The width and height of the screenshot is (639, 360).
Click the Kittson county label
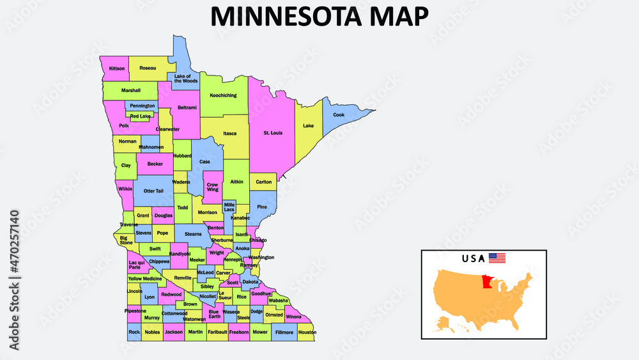[117, 68]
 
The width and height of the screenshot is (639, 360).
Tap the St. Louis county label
[273, 133]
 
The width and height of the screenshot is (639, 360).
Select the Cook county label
[339, 115]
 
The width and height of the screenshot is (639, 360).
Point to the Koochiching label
[223, 95]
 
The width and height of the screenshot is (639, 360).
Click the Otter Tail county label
[153, 191]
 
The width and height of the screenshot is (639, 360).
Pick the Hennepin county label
[233, 260]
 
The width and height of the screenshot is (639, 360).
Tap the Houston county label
[307, 333]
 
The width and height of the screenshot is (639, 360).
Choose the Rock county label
[134, 333]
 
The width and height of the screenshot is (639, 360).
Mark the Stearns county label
[193, 234]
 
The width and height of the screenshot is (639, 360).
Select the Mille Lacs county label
[229, 207]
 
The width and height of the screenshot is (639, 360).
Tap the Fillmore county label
[284, 333]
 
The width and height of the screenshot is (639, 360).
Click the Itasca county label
[229, 133]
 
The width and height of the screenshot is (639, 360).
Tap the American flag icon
[497, 258]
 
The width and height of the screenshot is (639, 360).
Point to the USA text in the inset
[473, 259]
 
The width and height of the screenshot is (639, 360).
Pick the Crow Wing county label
[212, 187]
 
